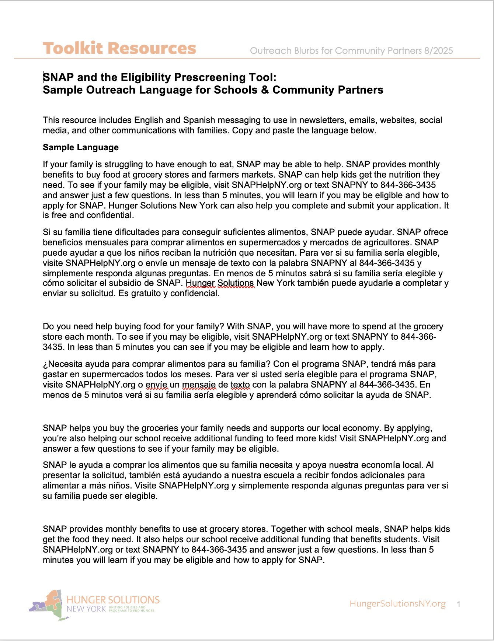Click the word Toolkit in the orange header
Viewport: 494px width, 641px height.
[73, 49]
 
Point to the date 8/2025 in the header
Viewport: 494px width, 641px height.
[438, 51]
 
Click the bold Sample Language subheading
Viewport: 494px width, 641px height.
[81, 147]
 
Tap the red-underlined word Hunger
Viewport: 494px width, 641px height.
[200, 283]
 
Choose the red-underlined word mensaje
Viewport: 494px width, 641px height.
[199, 385]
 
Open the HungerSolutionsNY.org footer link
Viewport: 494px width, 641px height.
[397, 604]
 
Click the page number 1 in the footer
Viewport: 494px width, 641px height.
[458, 604]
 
